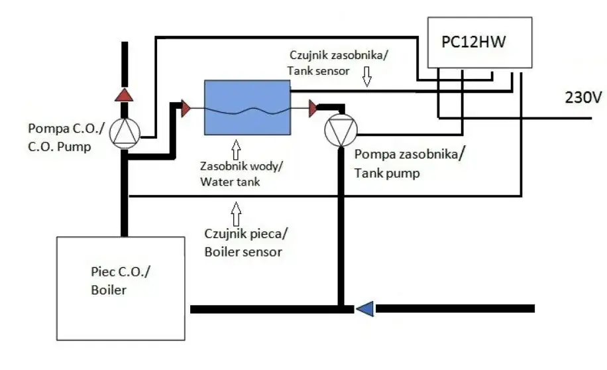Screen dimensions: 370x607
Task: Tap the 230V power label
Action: [x=583, y=97]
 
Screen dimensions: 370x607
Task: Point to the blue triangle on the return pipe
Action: [x=364, y=308]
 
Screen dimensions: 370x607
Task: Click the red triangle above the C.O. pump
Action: [x=124, y=95]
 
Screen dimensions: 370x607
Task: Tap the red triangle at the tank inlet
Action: [x=186, y=108]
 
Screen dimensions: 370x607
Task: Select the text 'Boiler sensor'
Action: [x=243, y=252]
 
